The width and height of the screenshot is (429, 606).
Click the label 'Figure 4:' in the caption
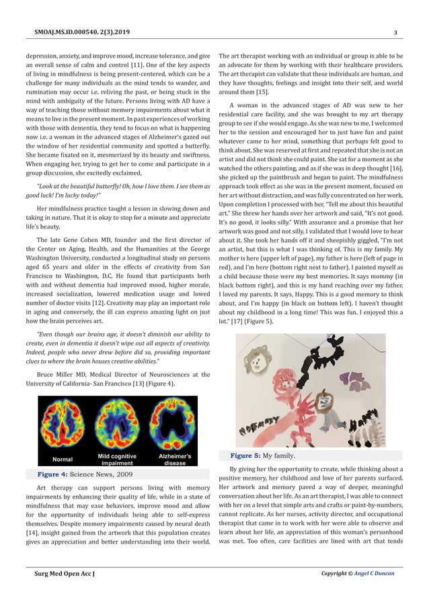point(56,474)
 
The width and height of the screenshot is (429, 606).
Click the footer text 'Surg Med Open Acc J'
point(65,574)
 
